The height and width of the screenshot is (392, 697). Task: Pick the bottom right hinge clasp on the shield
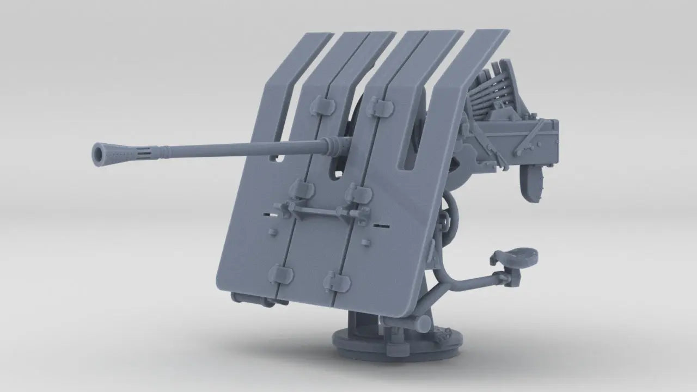click(337, 281)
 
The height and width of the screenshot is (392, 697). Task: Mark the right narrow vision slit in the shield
click(382, 224)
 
